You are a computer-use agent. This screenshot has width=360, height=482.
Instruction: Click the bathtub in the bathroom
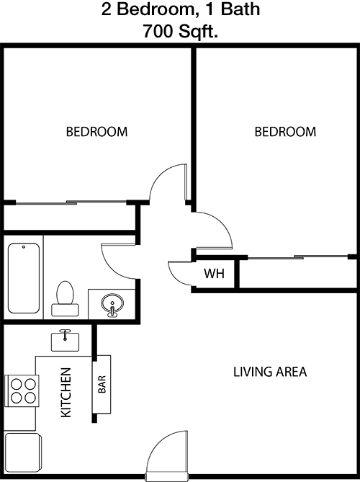click(x=24, y=278)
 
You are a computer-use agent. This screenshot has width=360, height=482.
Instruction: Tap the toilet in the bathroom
click(x=65, y=298)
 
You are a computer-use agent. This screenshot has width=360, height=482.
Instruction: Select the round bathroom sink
click(x=112, y=304)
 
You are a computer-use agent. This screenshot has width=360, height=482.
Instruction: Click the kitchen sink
click(x=65, y=340)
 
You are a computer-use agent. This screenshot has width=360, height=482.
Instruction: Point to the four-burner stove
click(x=22, y=391)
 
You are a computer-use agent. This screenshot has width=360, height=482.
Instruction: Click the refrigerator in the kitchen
click(x=22, y=452)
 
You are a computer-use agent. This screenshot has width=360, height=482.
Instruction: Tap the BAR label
click(x=102, y=384)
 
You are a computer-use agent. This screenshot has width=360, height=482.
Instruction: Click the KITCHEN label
click(x=66, y=393)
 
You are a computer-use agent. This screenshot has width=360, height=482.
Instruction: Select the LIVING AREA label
click(x=270, y=372)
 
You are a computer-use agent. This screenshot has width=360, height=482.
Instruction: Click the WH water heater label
click(x=214, y=273)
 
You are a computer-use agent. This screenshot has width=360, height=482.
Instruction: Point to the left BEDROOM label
click(x=96, y=132)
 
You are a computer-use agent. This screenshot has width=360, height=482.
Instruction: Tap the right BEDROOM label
click(x=285, y=132)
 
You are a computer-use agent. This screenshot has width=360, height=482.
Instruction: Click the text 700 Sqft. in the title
click(x=180, y=31)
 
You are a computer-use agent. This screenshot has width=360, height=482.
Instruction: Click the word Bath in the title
click(x=240, y=9)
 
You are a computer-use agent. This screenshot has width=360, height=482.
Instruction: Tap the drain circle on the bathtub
click(x=24, y=247)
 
